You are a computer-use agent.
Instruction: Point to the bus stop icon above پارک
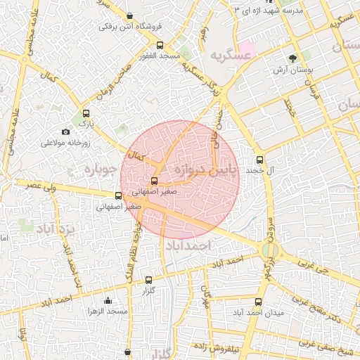pyautogui.click(x=86, y=113)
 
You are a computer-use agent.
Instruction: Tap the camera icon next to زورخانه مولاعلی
pyautogui.click(x=65, y=131)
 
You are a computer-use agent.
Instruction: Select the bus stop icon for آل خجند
pyautogui.click(x=259, y=160)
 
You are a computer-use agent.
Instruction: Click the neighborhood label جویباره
pyautogui.click(x=98, y=169)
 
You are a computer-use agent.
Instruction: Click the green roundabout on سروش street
pyautogui.click(x=269, y=250)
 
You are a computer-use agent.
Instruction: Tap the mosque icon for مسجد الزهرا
pyautogui.click(x=108, y=300)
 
